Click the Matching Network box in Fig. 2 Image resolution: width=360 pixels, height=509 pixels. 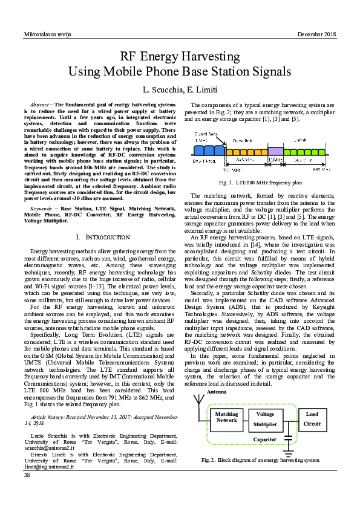point(227,417)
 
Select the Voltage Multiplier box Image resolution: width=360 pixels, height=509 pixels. point(265,419)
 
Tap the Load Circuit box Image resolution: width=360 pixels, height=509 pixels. point(312,419)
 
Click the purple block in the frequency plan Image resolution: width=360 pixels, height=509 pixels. point(275,151)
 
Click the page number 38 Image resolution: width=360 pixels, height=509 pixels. point(27,475)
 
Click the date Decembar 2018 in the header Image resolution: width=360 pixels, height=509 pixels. point(317,34)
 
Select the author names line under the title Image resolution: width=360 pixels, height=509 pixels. point(179,90)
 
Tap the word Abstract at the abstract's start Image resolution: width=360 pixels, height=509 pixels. point(39,105)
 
